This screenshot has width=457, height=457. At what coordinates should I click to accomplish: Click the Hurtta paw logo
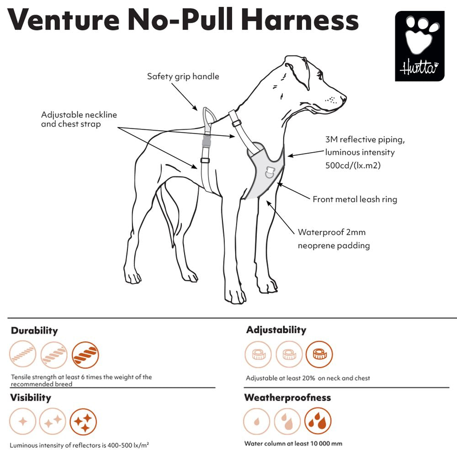(x=420, y=46)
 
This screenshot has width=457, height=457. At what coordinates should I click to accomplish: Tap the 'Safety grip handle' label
(x=183, y=76)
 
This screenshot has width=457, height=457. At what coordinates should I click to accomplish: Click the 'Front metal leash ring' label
(x=355, y=199)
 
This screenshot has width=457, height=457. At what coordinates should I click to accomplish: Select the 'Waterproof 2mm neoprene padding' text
(x=334, y=239)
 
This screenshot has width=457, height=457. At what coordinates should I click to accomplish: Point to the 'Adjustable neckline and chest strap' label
(x=79, y=119)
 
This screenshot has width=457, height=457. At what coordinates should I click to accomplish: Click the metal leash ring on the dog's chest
(x=269, y=172)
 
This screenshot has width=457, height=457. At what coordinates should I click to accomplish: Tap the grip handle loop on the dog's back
(x=209, y=120)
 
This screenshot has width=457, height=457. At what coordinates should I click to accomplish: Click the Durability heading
(x=34, y=330)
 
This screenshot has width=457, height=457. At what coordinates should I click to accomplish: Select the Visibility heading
(x=31, y=398)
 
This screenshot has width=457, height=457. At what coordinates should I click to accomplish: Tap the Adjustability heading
(x=276, y=330)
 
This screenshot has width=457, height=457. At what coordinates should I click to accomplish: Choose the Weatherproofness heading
(x=287, y=398)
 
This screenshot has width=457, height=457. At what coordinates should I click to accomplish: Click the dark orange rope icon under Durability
(x=85, y=355)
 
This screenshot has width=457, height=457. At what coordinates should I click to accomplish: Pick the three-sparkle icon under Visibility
(x=83, y=422)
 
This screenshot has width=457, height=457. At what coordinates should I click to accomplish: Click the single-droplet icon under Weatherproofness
(x=257, y=421)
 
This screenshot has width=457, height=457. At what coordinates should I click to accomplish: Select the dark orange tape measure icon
(x=319, y=354)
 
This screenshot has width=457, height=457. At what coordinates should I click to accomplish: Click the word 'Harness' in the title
(x=300, y=20)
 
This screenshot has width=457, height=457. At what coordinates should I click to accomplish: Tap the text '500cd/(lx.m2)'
(x=353, y=165)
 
